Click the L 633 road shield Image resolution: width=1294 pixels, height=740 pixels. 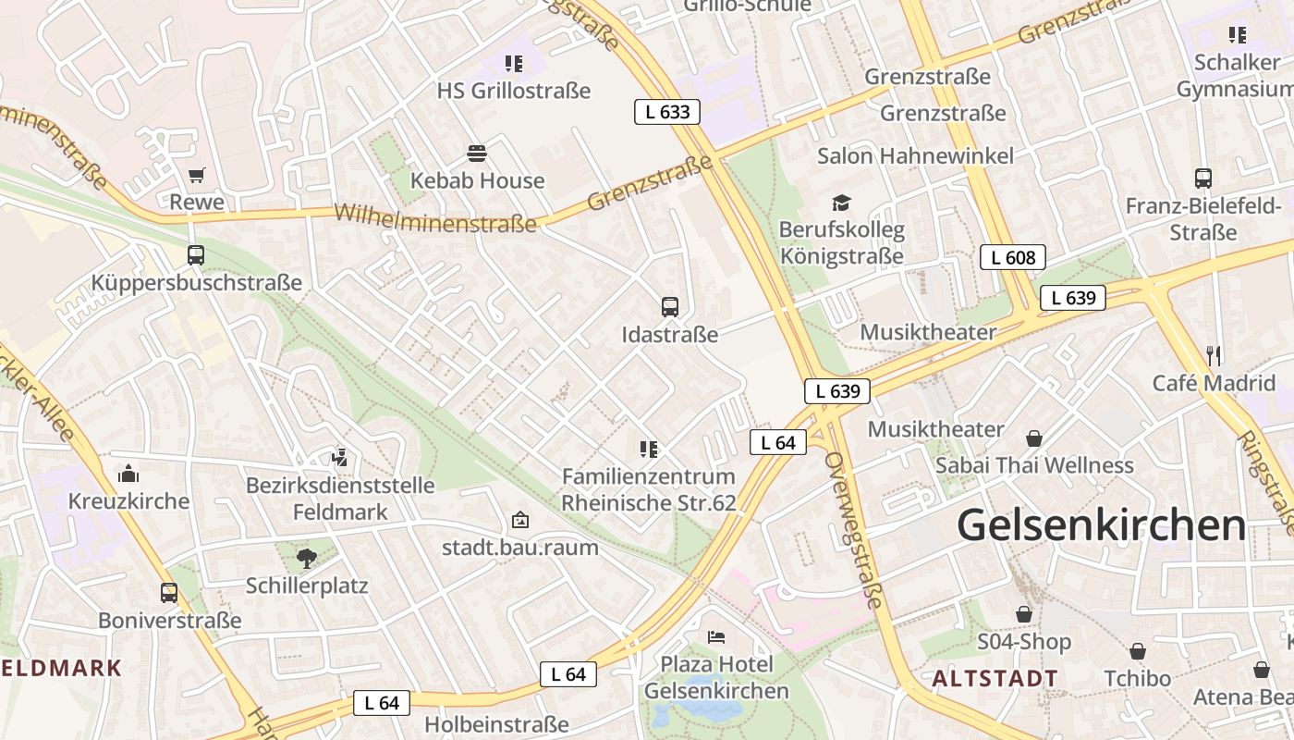[666, 113]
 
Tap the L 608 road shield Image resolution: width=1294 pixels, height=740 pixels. [1012, 258]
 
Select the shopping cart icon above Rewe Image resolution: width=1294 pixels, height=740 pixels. [196, 175]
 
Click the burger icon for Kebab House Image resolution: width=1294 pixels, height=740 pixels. [477, 153]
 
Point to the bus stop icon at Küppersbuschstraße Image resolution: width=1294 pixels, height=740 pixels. [196, 254]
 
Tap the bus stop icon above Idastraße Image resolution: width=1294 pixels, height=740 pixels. [670, 306]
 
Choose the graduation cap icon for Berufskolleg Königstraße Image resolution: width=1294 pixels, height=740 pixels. [841, 202]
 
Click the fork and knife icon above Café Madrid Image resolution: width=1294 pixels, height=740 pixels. [1214, 354]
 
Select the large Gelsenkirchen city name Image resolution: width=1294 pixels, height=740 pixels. [1101, 524]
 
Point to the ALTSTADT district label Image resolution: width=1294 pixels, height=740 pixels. [994, 678]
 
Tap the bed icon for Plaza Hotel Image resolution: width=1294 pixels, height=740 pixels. [716, 636]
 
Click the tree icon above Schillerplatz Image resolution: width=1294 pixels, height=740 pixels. [306, 557]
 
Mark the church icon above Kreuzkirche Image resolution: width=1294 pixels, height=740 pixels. [128, 474]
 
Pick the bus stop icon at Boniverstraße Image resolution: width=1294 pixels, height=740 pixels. [169, 592]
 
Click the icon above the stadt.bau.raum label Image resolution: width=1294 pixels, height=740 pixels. [520, 520]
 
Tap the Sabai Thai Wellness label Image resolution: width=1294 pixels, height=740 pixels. [1033, 464]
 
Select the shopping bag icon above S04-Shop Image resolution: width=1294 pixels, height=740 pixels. [1024, 613]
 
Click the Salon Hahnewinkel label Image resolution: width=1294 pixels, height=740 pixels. [915, 155]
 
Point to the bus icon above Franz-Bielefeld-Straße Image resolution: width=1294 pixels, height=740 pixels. [1202, 178]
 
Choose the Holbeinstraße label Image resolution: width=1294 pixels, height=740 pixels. [495, 723]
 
